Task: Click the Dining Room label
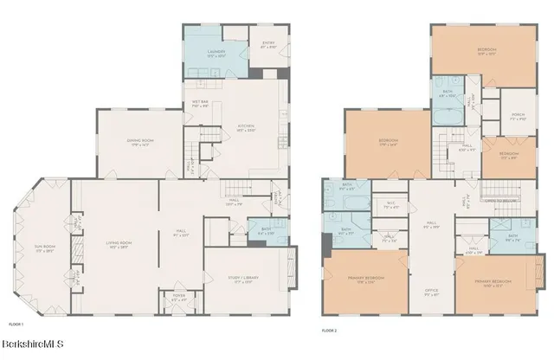(141, 144)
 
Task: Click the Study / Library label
(247, 279)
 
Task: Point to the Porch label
(494, 118)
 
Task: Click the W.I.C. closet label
(390, 205)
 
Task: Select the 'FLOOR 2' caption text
(330, 330)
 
